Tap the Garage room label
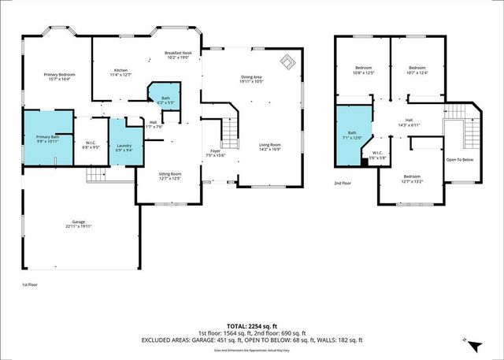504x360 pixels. click(x=79, y=225)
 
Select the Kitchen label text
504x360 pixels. click(x=120, y=72)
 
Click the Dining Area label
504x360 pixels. click(x=251, y=79)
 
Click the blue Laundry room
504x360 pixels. click(x=124, y=147)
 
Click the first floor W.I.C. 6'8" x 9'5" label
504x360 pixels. click(x=91, y=145)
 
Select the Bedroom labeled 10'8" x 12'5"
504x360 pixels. click(x=363, y=71)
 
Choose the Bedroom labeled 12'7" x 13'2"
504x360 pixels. click(x=412, y=179)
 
